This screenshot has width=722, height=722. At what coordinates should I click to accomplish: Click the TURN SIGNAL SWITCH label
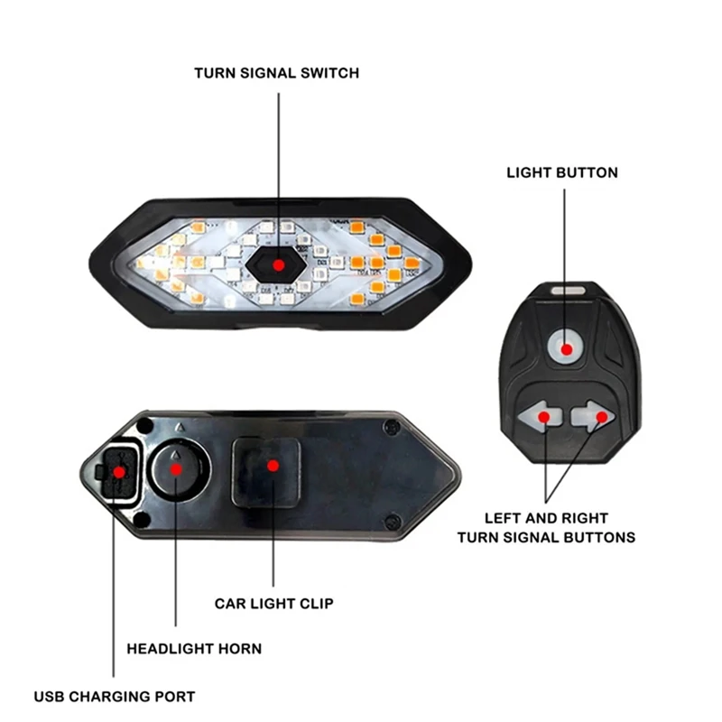(x=276, y=73)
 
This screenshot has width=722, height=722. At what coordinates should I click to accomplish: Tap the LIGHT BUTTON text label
(x=562, y=172)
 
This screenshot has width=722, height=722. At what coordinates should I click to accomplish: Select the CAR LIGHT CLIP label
(x=274, y=604)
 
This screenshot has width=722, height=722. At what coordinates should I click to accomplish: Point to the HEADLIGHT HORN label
(x=194, y=649)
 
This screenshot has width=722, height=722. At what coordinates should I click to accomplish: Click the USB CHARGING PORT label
(x=115, y=697)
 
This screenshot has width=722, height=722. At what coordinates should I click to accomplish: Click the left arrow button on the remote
(x=540, y=416)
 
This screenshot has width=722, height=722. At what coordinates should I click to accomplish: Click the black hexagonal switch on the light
(x=276, y=264)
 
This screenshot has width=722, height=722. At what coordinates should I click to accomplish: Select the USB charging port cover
(x=119, y=472)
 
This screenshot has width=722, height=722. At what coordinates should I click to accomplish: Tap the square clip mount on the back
(x=266, y=472)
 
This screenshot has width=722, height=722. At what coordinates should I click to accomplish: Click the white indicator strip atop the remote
(x=569, y=291)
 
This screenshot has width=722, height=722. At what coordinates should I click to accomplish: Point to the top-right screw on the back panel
(x=392, y=428)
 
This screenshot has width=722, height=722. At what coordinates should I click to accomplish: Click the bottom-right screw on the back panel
(x=393, y=523)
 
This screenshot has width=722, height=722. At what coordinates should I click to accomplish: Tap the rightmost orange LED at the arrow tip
(x=412, y=263)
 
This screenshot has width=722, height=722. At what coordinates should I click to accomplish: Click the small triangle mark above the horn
(x=180, y=427)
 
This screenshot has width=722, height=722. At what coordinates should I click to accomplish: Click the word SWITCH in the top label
(x=329, y=73)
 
